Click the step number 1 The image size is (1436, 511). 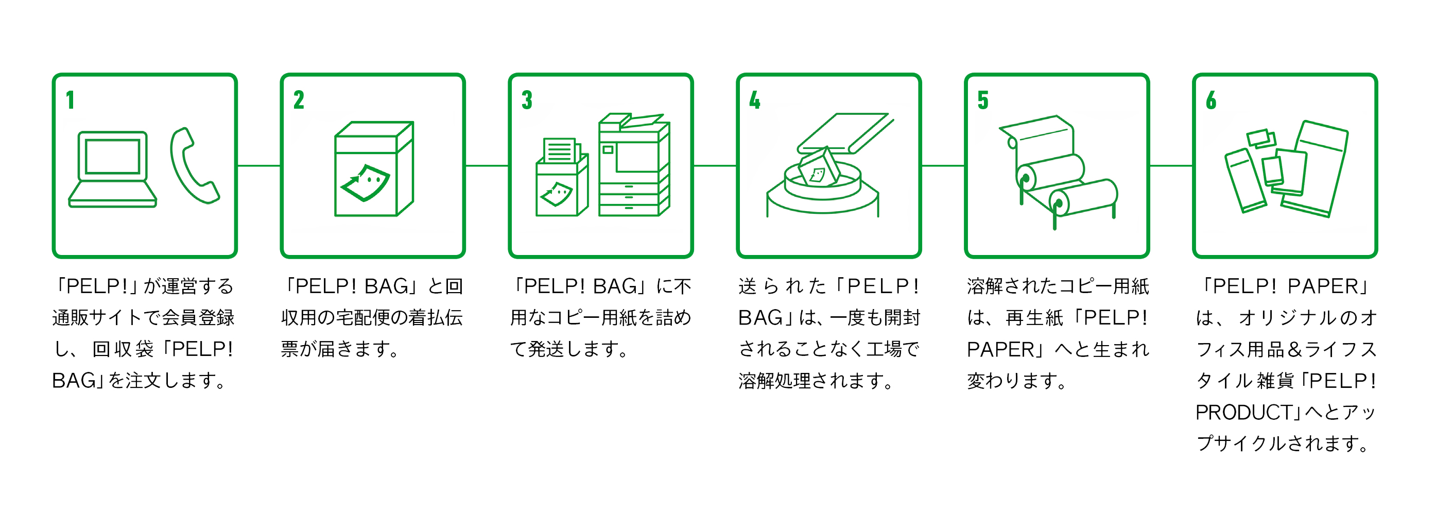click(70, 100)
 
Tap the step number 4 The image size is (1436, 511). click(755, 100)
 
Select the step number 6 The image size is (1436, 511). click(1211, 100)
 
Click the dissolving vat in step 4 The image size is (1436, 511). click(823, 190)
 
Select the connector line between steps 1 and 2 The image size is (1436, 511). click(259, 166)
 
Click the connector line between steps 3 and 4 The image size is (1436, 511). click(715, 166)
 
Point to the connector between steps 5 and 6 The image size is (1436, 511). click(1171, 166)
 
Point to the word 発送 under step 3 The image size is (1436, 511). click(546, 349)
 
